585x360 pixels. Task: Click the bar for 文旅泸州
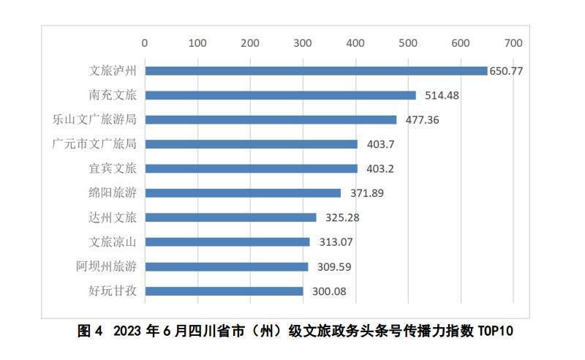316,71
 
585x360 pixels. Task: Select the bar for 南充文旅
280,95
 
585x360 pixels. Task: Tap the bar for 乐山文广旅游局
271,119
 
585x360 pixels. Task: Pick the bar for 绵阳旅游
243,193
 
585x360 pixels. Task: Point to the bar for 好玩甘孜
224,291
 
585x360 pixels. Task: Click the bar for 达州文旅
230,217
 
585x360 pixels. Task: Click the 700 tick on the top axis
513,42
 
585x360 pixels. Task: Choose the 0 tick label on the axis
145,42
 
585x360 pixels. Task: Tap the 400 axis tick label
355,42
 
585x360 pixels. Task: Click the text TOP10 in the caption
497,331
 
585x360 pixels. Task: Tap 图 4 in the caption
90,331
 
